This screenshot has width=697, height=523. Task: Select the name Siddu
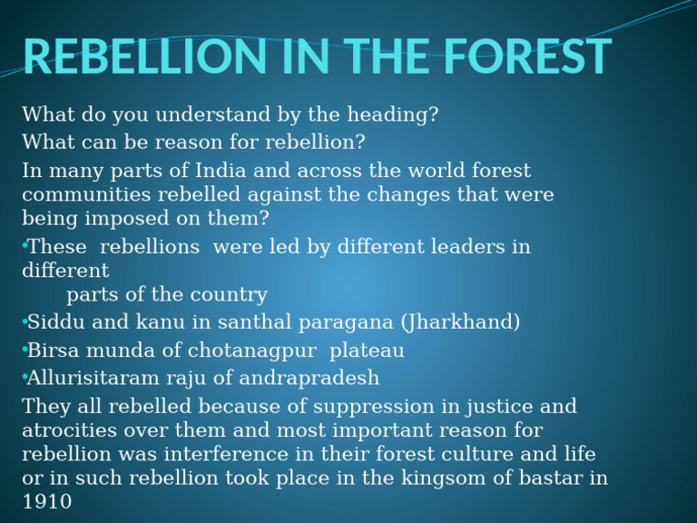coord(54,322)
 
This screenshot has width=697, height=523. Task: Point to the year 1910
coord(46,501)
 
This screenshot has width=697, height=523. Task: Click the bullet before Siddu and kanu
coord(24,322)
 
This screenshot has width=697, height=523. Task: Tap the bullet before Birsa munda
coord(24,350)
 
